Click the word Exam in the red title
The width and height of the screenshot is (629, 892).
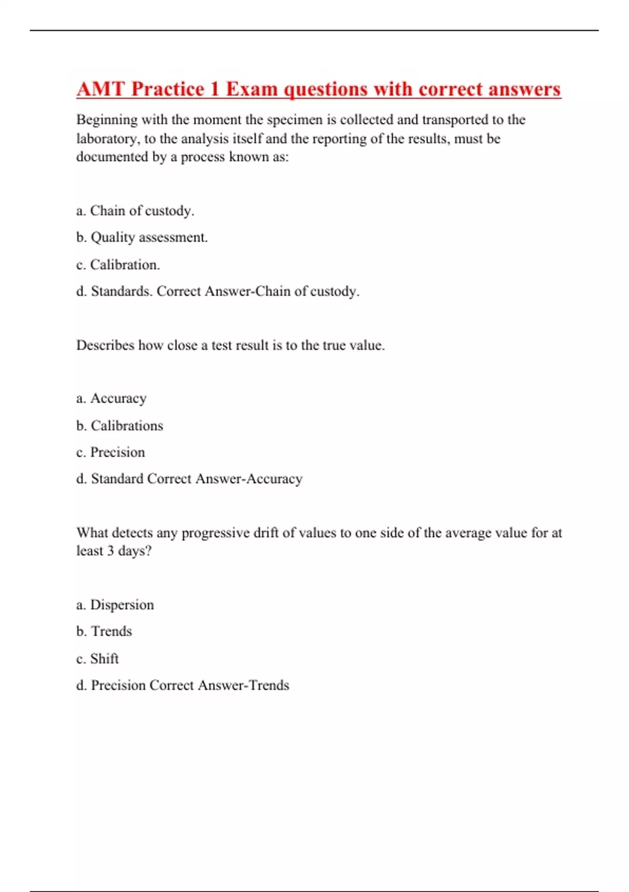(x=252, y=89)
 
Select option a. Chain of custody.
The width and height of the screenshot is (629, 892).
(x=135, y=211)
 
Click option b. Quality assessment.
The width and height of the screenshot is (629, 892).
(x=142, y=238)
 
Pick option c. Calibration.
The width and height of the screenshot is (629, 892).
(x=118, y=265)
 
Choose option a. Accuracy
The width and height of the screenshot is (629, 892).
(x=111, y=399)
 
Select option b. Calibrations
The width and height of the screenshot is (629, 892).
(x=120, y=426)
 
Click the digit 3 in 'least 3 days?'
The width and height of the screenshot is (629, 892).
(x=110, y=551)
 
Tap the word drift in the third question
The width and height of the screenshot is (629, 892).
(x=266, y=533)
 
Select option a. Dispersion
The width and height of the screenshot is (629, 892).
(x=115, y=605)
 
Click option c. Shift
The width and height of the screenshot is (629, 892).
(x=97, y=659)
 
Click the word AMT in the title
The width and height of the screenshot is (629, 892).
(x=101, y=89)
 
